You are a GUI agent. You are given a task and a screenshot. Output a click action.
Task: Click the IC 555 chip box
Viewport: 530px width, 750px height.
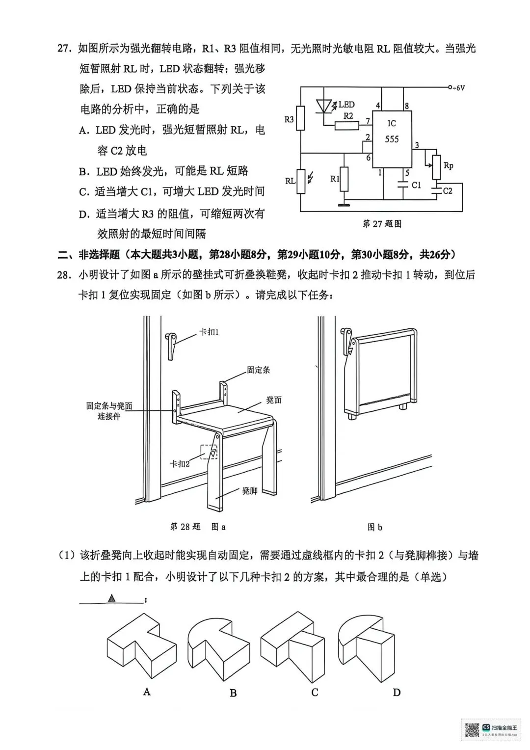[x=392, y=139]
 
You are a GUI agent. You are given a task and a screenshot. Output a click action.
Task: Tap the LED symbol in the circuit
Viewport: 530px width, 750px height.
[x=325, y=106]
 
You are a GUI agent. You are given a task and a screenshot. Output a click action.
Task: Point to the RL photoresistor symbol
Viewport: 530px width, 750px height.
[x=301, y=181]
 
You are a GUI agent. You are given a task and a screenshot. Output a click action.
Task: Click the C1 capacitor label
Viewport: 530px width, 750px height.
[x=416, y=185]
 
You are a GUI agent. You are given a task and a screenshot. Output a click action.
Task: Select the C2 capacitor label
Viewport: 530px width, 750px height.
[x=447, y=191]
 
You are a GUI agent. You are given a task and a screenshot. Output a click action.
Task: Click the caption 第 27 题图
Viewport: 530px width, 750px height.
[x=382, y=224]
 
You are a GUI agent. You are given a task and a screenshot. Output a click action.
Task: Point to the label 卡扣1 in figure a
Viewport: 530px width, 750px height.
[x=209, y=332]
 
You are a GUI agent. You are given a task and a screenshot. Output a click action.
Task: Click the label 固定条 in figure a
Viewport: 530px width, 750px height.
[x=258, y=370]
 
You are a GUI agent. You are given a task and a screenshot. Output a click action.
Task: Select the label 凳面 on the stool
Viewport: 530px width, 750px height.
[x=274, y=400]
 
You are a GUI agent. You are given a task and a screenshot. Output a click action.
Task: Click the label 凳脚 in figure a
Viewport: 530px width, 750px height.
[x=249, y=490]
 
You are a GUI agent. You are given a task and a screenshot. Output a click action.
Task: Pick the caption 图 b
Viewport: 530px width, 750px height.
[x=374, y=527]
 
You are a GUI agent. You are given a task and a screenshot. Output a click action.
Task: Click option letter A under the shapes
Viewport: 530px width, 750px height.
[x=147, y=692]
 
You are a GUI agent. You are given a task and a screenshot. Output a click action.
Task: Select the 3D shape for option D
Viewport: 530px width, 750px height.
[x=366, y=648]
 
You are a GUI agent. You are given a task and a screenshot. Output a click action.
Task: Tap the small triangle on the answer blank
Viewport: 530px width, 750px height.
[x=112, y=598]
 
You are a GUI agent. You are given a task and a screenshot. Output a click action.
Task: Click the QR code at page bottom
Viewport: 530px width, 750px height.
[x=472, y=729]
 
